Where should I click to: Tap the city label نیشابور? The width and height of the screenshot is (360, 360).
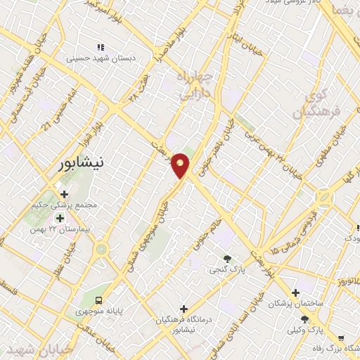[x=79, y=163]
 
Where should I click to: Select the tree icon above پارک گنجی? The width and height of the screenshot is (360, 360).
[x=226, y=259]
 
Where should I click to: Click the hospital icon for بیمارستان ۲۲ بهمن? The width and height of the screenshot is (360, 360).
[x=59, y=218]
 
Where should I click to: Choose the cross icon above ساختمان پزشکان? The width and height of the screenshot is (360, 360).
[x=295, y=292]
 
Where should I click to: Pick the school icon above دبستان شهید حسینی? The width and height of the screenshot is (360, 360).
[x=101, y=47]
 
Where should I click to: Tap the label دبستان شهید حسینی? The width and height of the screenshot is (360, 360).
[x=100, y=59]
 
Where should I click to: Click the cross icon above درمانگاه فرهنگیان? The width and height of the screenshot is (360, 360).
[x=184, y=309]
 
